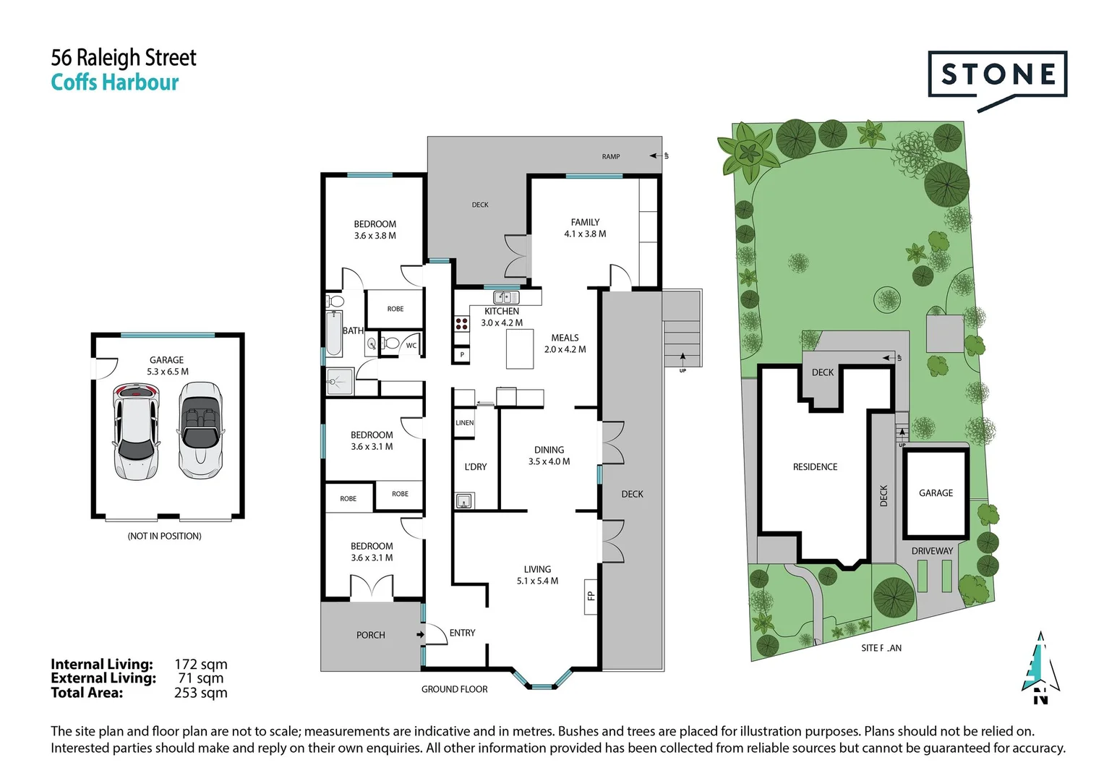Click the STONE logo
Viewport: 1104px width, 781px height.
pos(997,75)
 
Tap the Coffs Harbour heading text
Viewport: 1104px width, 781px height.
pos(114,82)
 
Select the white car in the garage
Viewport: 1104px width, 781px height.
pos(135,431)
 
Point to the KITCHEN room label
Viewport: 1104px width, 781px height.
pos(502,312)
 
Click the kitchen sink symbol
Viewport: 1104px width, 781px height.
pos(506,297)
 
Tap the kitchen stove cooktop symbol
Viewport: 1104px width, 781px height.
pos(461,323)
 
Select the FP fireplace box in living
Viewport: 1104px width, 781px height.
pos(590,597)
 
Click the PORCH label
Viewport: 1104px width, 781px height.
pos(370,635)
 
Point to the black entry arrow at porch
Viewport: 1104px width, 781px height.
pos(420,635)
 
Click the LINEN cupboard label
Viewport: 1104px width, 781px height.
pos(464,423)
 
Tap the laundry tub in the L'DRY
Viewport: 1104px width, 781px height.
pos(463,500)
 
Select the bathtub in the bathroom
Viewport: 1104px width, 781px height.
pos(334,333)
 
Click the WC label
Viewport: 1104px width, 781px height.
pos(411,346)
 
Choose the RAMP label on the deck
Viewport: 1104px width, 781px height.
pos(611,156)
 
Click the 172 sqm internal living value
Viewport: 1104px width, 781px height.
pos(200,664)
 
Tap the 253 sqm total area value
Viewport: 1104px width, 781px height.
pos(200,693)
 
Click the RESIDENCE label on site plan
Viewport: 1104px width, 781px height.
pos(815,467)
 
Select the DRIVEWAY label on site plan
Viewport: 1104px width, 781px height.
pos(932,551)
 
